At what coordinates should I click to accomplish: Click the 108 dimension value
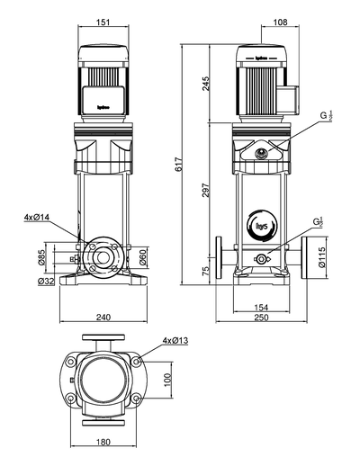coord(280,21)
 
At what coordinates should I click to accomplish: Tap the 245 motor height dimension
coord(204,83)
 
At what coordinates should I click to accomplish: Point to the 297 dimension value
coord(204,192)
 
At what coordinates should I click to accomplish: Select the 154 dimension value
coord(260,307)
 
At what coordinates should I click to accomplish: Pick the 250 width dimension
coord(260,318)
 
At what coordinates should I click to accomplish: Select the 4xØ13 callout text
coord(175,341)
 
